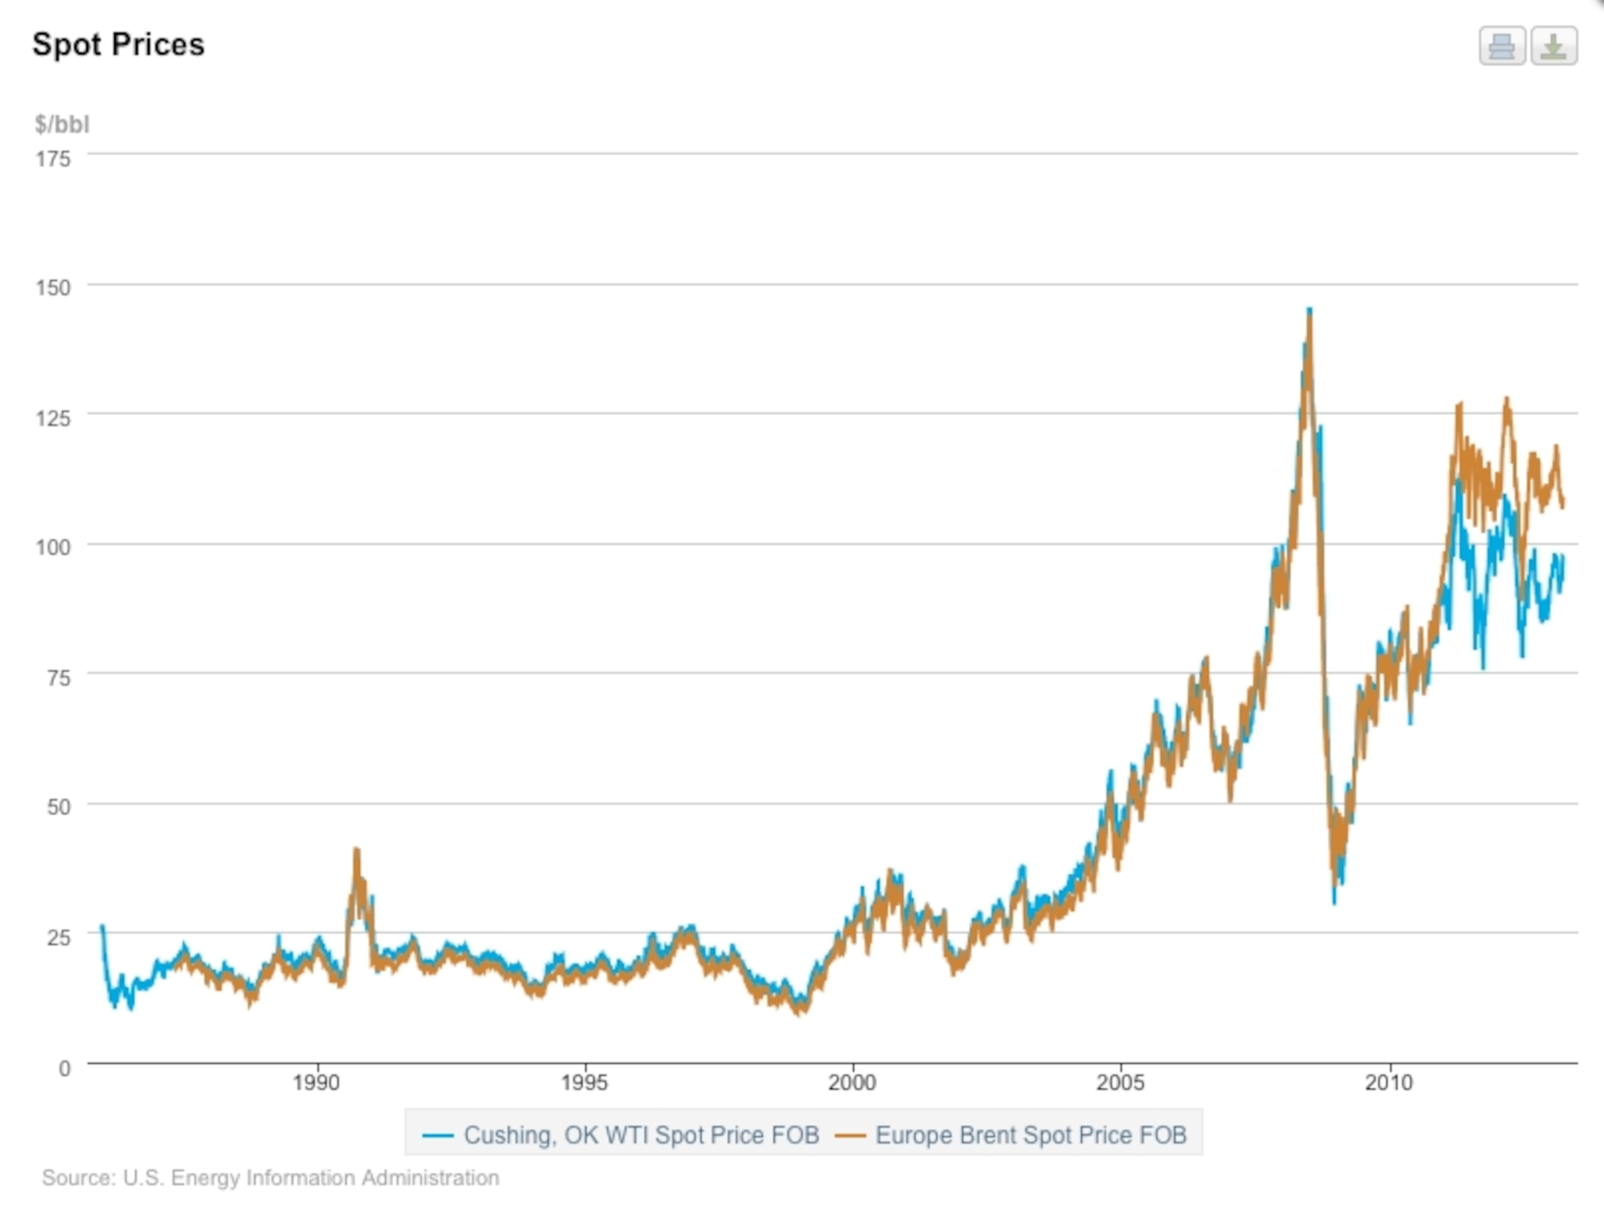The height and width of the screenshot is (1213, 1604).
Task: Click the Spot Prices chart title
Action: coord(118,45)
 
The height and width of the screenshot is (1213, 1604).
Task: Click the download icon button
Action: coord(1553,46)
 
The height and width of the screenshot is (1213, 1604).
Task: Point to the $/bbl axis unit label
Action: coord(62,125)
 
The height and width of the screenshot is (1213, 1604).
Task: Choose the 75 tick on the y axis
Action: coord(58,678)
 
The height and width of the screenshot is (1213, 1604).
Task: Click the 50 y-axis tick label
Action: coord(58,807)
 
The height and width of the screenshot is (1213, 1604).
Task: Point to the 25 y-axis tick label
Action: coord(58,937)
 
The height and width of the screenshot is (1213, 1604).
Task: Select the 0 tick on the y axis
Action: coord(65,1068)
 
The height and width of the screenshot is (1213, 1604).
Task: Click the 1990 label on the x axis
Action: coord(316,1083)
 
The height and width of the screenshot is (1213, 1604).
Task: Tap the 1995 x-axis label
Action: coord(584,1083)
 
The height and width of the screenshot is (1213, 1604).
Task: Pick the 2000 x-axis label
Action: coord(853,1083)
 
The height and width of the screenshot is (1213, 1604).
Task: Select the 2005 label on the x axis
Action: coord(1121,1083)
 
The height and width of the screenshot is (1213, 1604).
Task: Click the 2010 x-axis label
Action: coord(1389,1083)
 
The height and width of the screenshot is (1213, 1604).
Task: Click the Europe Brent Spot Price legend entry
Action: coord(1011,1135)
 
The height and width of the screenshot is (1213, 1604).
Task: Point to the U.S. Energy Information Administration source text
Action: coord(270,1178)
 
